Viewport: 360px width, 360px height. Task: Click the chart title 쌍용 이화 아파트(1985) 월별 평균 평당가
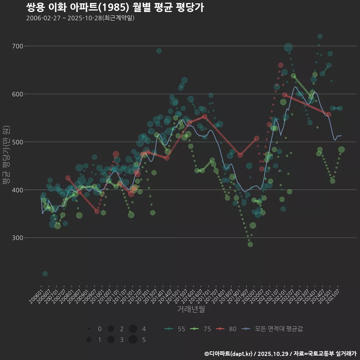coord(115,7)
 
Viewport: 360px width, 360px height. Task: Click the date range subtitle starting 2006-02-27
coord(80,18)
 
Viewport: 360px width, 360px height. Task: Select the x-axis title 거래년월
coord(191,309)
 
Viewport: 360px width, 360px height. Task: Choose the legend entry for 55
coord(175,329)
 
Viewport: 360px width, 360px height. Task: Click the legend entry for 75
coord(201,329)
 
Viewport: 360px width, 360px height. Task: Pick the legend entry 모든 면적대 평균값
coord(273,329)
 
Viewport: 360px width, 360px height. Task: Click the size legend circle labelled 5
coord(133,340)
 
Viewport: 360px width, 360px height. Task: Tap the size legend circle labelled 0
coord(89,329)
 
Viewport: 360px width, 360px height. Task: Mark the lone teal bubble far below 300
coord(45,274)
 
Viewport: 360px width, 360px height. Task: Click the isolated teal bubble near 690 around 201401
coord(159,51)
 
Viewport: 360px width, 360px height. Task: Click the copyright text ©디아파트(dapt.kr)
coord(229,354)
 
